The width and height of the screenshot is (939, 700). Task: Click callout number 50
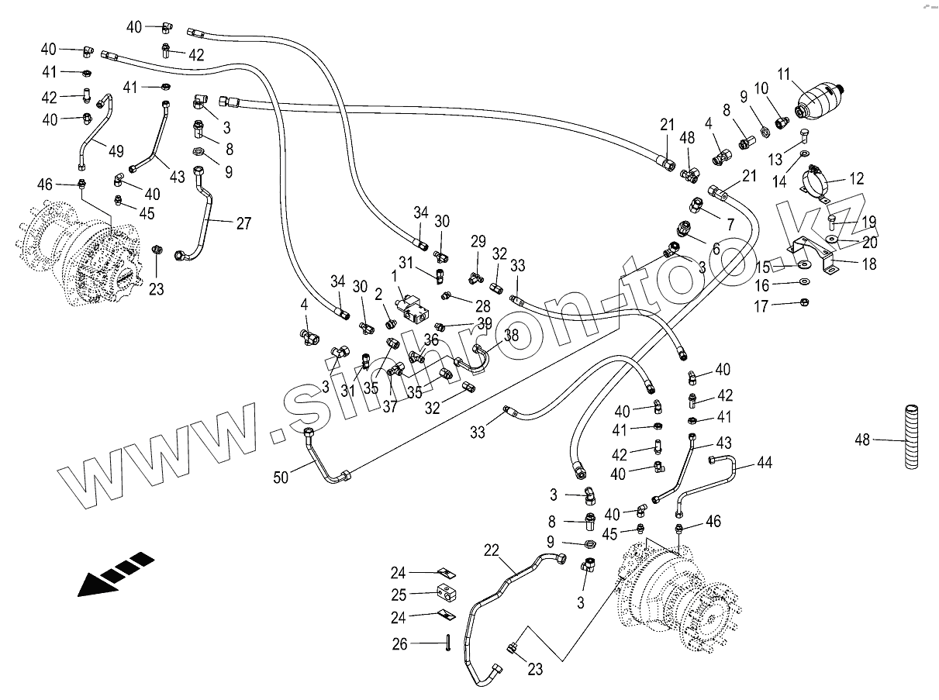(x=281, y=478)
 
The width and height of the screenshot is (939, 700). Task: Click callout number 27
(x=243, y=223)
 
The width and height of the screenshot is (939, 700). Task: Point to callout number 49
(x=116, y=149)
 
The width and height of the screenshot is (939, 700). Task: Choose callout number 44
(x=764, y=464)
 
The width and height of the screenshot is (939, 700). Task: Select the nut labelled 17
(x=805, y=302)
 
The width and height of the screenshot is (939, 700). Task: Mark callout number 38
(x=511, y=336)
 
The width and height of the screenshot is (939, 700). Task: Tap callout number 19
(x=868, y=220)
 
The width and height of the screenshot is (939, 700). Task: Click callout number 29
(x=478, y=241)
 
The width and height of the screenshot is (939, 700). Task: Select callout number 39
(x=485, y=322)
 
